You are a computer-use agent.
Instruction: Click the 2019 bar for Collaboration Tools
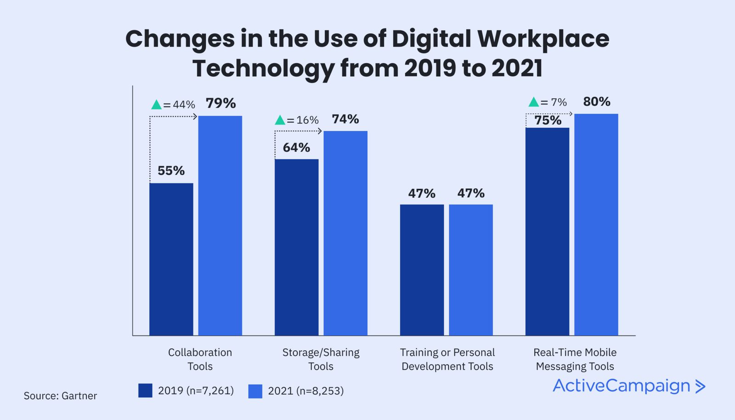(x=171, y=259)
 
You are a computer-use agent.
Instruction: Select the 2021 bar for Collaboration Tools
(x=220, y=225)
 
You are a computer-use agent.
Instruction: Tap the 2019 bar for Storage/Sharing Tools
(x=296, y=247)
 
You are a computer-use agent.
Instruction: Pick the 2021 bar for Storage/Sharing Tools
(x=345, y=233)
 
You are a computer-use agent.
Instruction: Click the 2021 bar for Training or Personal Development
(x=471, y=270)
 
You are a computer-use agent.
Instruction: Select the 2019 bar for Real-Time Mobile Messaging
(x=547, y=232)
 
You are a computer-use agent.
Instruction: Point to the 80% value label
(x=596, y=102)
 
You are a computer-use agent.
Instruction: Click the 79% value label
(x=220, y=103)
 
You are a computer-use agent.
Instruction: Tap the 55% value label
(x=171, y=171)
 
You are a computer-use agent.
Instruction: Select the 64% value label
(x=296, y=148)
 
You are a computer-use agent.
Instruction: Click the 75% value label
(x=548, y=120)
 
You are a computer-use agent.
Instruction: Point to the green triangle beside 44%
(x=156, y=105)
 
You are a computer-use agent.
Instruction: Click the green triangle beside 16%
(x=280, y=120)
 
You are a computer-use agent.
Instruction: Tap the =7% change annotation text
(x=554, y=102)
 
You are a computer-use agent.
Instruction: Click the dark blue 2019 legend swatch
(x=145, y=391)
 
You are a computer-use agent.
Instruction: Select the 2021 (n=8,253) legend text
(x=305, y=391)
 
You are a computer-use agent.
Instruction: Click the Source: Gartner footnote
(x=60, y=396)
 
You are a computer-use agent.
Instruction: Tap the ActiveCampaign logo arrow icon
(x=700, y=386)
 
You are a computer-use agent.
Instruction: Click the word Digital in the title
(x=431, y=39)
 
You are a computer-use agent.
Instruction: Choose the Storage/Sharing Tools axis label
(x=321, y=359)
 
